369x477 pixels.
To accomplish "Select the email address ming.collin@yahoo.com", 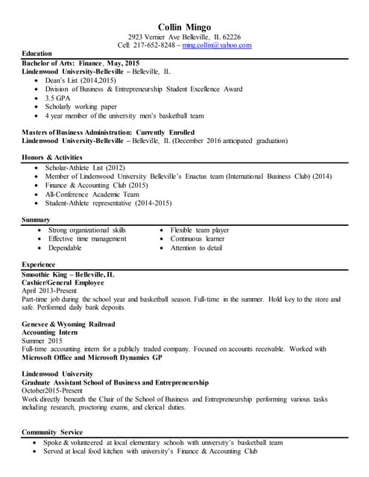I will (217, 45).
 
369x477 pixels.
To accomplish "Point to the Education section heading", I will (37, 54).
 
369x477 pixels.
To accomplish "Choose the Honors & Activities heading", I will (51, 158).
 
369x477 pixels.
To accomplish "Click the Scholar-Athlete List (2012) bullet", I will (86, 168).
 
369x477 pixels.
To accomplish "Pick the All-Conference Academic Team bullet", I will (92, 194).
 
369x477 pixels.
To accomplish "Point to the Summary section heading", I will (36, 220).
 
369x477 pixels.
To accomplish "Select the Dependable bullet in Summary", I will (65, 247).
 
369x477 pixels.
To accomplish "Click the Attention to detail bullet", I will (196, 247).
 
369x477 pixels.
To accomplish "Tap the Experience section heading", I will (39, 265).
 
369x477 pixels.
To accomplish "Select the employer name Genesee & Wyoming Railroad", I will (69, 325).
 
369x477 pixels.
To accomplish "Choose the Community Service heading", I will (53, 432).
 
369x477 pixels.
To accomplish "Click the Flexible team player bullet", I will (199, 230).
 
